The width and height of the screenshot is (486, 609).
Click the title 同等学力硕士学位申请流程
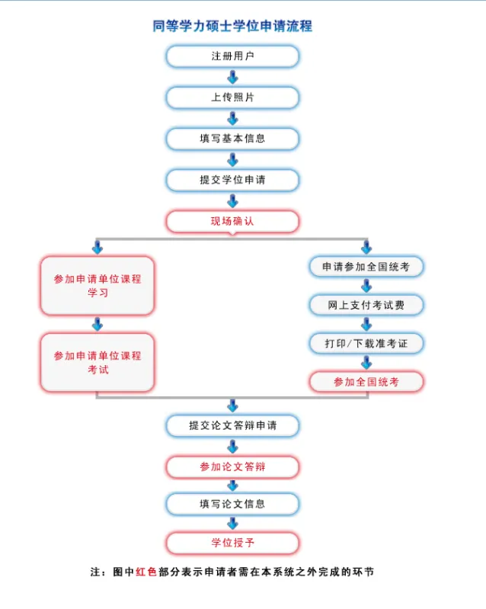(x=232, y=27)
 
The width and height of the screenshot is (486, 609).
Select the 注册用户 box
(x=232, y=56)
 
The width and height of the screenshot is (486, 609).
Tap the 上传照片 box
(x=232, y=98)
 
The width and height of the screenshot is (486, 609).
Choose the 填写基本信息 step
(x=232, y=139)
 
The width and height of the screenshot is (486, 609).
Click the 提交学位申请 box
(x=232, y=180)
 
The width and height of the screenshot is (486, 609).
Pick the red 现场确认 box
(x=232, y=221)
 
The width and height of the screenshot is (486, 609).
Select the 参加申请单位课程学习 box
(x=98, y=286)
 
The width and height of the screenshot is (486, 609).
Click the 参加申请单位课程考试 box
(x=98, y=362)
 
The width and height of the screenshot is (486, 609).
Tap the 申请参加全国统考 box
(x=366, y=267)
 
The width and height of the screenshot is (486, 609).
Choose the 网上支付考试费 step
(x=366, y=305)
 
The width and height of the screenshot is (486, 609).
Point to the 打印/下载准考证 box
(x=366, y=343)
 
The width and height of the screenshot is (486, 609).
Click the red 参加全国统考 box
(x=366, y=381)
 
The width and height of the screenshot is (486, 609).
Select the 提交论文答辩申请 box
(x=232, y=425)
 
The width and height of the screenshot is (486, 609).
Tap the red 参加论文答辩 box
(x=232, y=466)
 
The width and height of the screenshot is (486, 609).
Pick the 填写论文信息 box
(x=232, y=504)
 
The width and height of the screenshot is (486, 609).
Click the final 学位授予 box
(x=232, y=543)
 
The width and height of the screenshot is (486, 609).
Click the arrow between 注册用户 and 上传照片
(x=232, y=77)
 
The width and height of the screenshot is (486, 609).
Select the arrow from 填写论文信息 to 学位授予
(x=232, y=524)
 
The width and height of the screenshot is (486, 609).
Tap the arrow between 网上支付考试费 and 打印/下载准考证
(x=366, y=324)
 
